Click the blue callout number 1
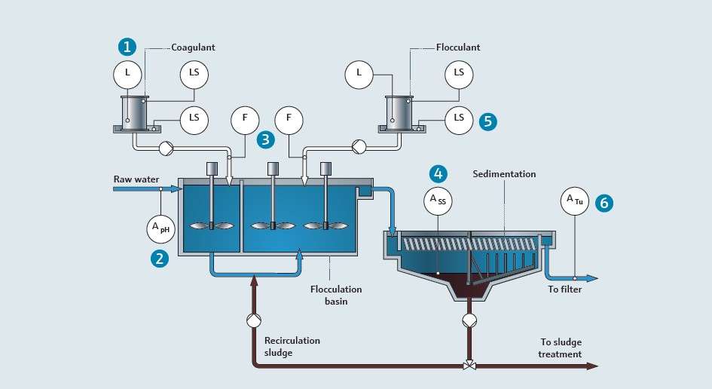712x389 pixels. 127,46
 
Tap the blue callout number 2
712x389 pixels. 160,259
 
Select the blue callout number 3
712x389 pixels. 266,139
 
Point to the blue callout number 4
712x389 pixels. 439,173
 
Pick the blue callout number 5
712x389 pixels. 488,121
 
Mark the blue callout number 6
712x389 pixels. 604,203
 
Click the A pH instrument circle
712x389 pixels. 160,228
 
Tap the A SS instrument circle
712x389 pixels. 438,201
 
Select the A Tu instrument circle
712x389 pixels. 575,201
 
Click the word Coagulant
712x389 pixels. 193,47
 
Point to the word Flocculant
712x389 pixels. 458,47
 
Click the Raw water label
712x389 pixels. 136,179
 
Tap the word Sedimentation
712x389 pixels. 504,173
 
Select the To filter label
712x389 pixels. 565,289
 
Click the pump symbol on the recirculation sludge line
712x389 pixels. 254,320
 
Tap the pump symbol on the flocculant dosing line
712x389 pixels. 359,147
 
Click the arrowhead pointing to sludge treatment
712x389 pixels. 592,366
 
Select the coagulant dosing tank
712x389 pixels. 135,114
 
